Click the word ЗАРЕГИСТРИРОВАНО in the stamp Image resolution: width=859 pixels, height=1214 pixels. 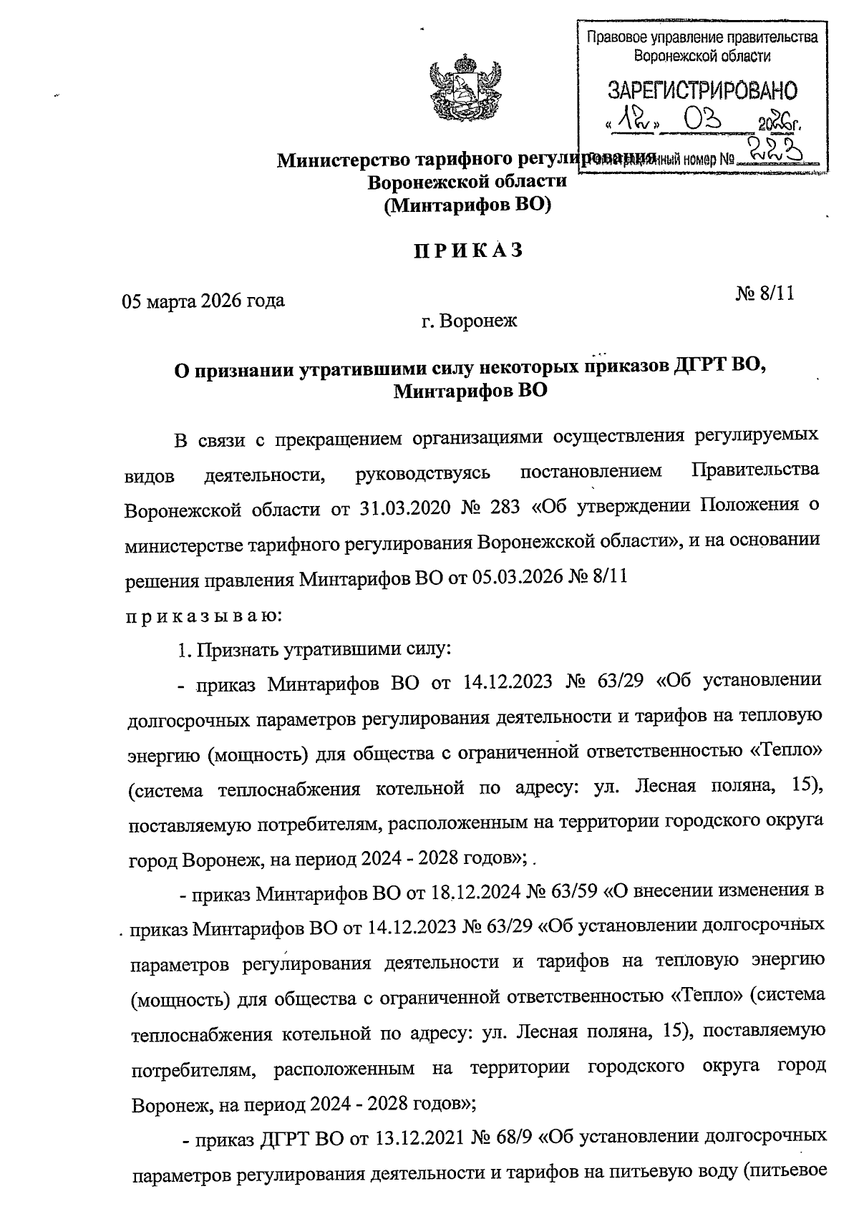coord(702,91)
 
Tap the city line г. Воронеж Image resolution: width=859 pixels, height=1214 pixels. coord(469,321)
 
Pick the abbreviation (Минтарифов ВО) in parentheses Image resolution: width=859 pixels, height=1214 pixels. coord(467,206)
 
